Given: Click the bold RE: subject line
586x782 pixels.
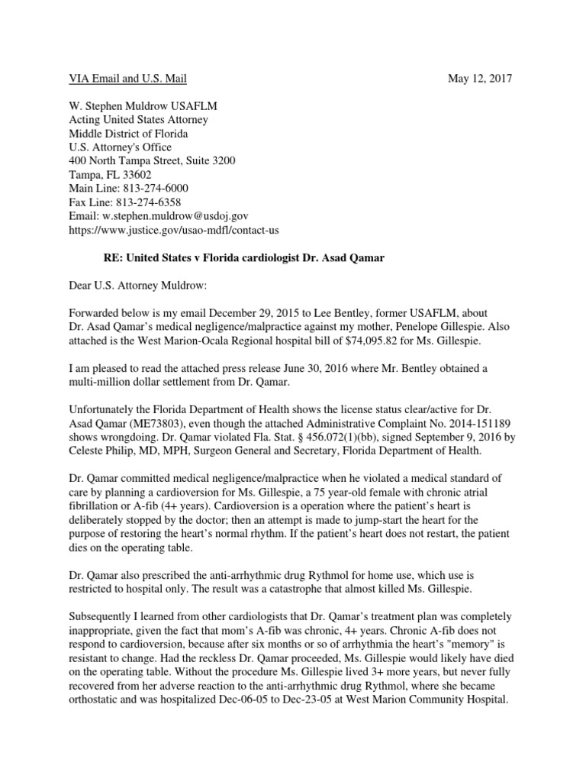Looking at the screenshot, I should (x=244, y=258).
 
